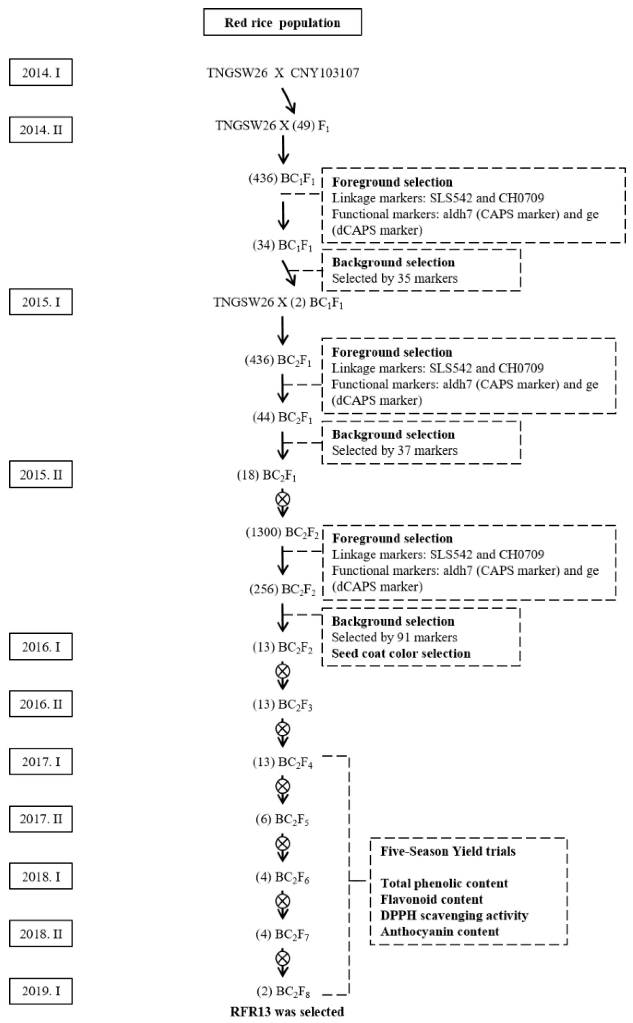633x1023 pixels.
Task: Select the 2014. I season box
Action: point(41,73)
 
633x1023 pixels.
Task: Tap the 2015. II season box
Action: point(41,475)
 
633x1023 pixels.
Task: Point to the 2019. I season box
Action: point(41,991)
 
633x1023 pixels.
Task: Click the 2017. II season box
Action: point(41,819)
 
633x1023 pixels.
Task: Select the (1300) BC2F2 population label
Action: point(282,533)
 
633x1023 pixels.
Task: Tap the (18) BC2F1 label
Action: point(267,475)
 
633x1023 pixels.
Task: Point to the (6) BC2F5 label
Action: point(282,819)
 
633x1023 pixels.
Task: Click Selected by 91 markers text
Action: point(394,637)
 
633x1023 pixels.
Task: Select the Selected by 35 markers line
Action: point(394,278)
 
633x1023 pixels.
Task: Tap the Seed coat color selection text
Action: point(401,653)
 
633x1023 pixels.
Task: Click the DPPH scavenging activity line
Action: point(454,915)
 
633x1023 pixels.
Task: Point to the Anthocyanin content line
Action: point(440,932)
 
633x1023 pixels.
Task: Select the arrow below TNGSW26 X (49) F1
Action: point(283,150)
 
